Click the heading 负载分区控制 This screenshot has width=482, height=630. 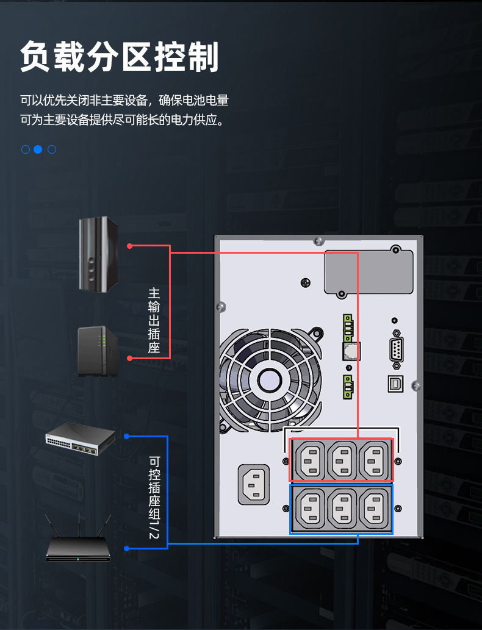[119, 58]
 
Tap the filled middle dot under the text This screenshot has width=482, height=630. [38, 149]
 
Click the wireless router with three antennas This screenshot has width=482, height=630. [79, 545]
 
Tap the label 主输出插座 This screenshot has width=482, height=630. [154, 320]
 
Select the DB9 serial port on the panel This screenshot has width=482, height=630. [397, 351]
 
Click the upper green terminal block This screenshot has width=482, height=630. [348, 326]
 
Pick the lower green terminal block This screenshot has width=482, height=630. [348, 387]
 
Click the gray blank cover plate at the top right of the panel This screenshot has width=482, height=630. [369, 272]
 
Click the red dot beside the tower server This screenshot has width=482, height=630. [130, 246]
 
